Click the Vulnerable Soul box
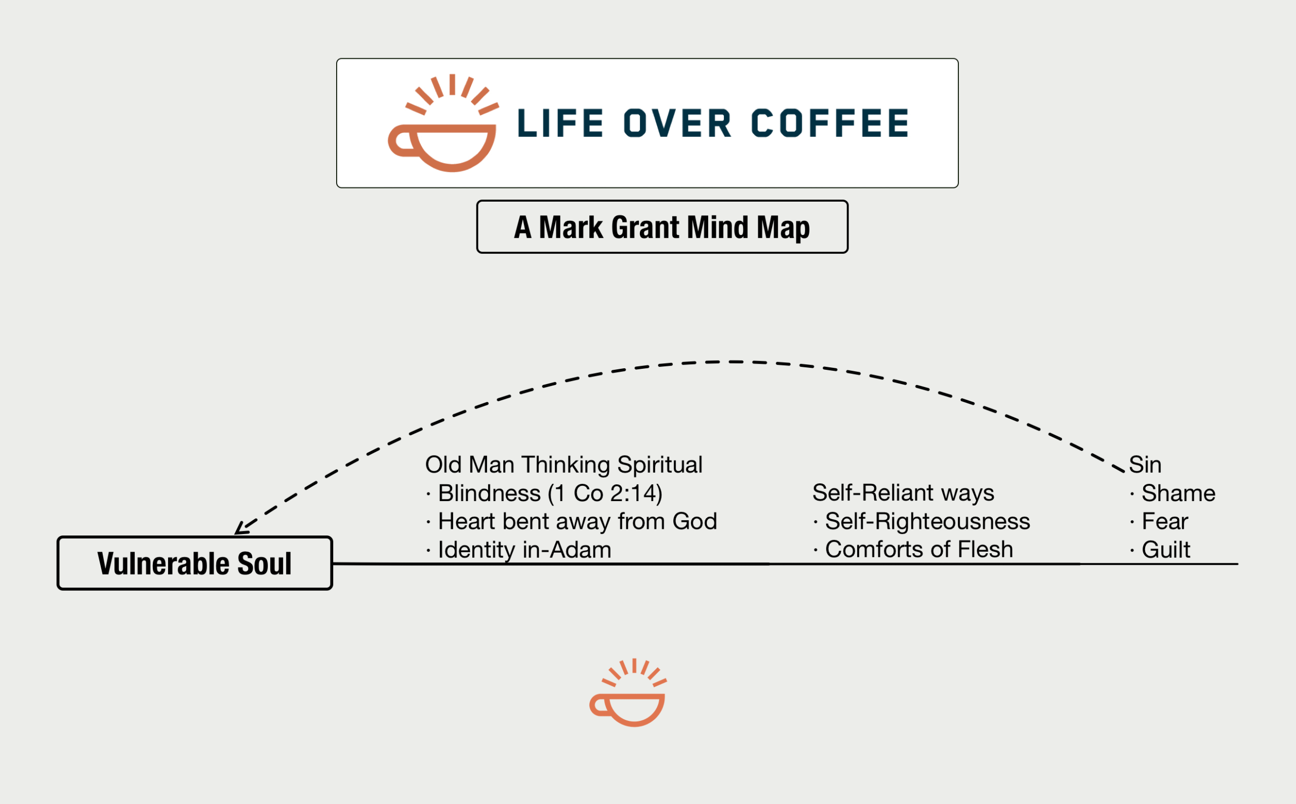[x=194, y=563]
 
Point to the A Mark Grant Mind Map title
[x=662, y=227]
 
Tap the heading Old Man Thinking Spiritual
[x=564, y=464]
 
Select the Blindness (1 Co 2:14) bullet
[x=545, y=493]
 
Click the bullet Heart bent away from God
[x=572, y=521]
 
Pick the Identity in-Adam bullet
[x=518, y=550]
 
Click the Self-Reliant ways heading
[x=903, y=493]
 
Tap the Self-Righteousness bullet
[x=921, y=521]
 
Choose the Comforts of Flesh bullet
[x=913, y=549]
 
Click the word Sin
[x=1145, y=464]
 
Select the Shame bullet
[x=1172, y=493]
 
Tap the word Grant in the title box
[x=645, y=227]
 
